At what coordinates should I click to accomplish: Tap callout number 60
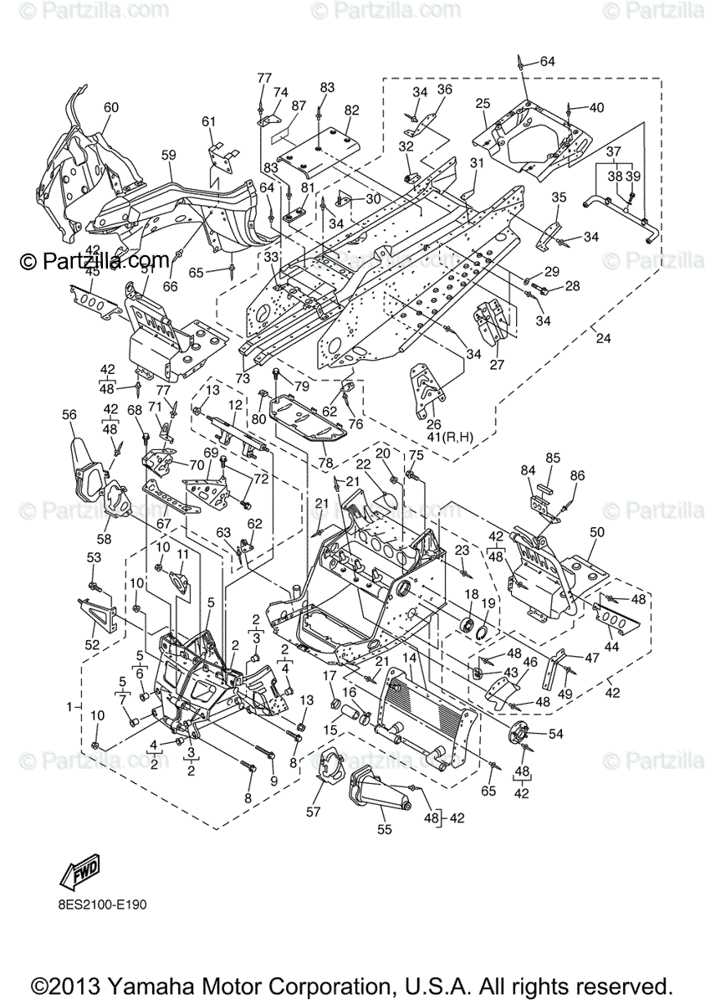(x=111, y=107)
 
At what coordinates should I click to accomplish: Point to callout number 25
(x=482, y=103)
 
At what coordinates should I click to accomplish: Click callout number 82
(x=351, y=110)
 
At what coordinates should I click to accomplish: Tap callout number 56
(x=69, y=414)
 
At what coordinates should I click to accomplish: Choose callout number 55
(x=385, y=830)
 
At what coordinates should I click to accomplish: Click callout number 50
(x=596, y=532)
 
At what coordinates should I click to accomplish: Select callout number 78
(x=324, y=463)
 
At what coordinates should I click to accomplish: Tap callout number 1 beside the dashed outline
(x=71, y=707)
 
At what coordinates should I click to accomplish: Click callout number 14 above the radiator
(x=409, y=658)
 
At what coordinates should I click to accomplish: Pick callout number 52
(x=92, y=644)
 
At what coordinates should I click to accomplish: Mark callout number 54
(x=555, y=734)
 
